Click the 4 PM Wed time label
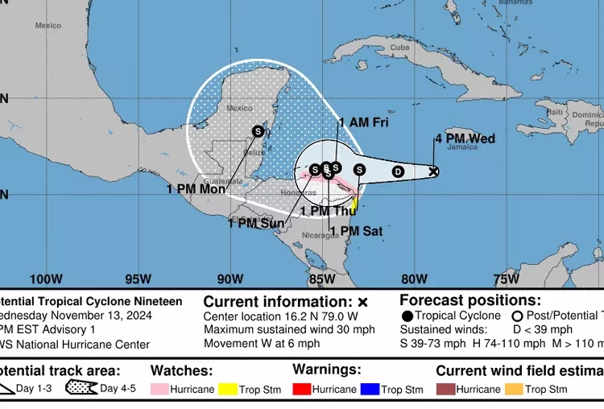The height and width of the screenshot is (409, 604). (465, 139)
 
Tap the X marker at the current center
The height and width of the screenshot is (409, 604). (433, 171)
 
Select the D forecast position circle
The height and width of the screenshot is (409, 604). (398, 171)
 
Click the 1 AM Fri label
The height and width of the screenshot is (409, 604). (363, 122)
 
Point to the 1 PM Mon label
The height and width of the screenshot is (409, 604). (196, 189)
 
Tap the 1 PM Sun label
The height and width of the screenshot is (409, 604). (256, 223)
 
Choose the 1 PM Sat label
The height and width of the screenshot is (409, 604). (355, 231)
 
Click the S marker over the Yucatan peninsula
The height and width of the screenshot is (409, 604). (258, 130)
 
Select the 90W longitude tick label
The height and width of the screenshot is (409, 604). (230, 279)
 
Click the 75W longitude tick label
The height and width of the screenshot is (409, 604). (506, 279)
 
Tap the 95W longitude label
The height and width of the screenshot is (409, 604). (138, 279)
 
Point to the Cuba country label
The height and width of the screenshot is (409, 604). (400, 47)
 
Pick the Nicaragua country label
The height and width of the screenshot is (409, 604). (321, 236)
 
